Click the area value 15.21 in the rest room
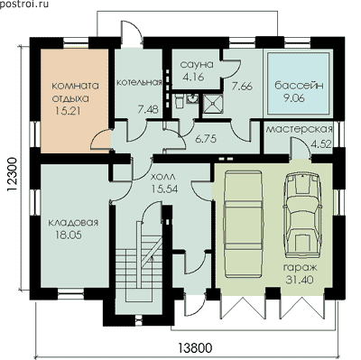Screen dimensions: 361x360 tap(68, 111)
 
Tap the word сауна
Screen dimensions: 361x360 tap(197, 64)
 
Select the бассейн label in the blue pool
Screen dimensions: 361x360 tap(299, 86)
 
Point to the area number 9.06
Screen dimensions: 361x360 tap(293, 98)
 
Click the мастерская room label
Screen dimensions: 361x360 tap(300, 129)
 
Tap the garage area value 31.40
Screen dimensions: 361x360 tap(300, 280)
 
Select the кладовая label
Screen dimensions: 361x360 tap(73, 223)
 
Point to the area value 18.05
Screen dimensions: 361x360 tap(69, 235)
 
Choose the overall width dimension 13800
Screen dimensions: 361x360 tap(196, 348)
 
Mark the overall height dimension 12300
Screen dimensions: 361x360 tap(12, 175)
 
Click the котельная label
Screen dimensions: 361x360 tap(139, 82)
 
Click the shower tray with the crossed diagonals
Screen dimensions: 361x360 tap(213, 104)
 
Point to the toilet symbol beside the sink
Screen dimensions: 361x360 tap(179, 101)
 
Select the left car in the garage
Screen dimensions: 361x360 tap(243, 224)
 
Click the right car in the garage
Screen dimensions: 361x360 tap(301, 216)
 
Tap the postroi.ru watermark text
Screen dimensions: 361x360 tap(24, 5)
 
